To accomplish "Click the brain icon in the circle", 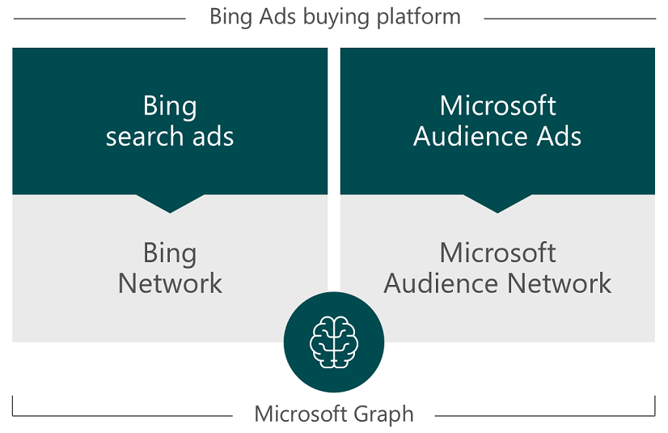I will [x=334, y=342].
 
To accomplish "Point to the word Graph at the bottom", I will [x=382, y=415].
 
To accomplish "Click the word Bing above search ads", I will [x=170, y=106].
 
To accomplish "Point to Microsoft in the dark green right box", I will [x=497, y=106].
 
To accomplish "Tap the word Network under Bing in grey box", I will [x=170, y=283].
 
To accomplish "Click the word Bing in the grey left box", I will [x=170, y=253].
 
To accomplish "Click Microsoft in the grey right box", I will [x=497, y=253].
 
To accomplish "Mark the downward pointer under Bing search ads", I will [x=170, y=202].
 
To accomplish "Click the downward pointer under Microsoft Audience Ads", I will [x=497, y=202].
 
